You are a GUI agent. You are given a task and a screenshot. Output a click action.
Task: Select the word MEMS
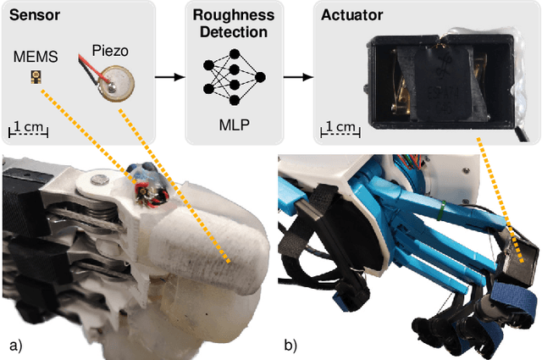(x=36, y=58)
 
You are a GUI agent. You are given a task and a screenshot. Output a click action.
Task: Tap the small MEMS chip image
(x=36, y=78)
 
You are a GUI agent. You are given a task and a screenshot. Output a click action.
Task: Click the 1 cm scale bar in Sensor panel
(x=29, y=130)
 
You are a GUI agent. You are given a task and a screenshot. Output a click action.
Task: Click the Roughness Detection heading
(x=231, y=23)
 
